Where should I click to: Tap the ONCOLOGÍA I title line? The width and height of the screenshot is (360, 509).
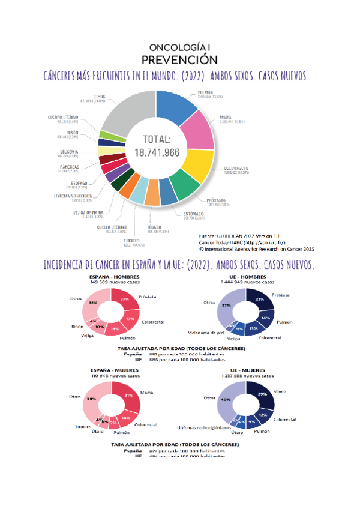point(179,47)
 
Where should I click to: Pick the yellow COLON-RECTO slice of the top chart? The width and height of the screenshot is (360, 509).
point(194,165)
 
